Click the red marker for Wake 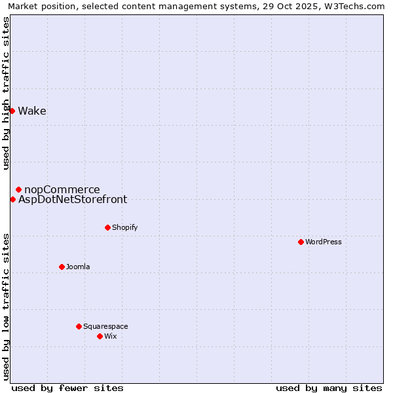click(x=12, y=111)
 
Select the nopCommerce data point click(x=18, y=189)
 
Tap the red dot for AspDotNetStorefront click(x=12, y=199)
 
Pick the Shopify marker click(x=107, y=227)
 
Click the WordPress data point click(x=301, y=242)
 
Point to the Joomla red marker click(x=62, y=267)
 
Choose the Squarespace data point click(x=79, y=326)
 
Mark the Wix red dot click(x=100, y=336)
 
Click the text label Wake click(x=32, y=111)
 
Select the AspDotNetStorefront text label click(x=73, y=200)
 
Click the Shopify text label click(x=124, y=227)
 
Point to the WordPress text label click(x=324, y=242)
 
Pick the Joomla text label click(x=78, y=267)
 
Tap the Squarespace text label click(x=105, y=326)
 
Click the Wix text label click(x=110, y=336)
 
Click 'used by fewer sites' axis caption click(x=67, y=388)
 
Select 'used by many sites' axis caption click(x=329, y=388)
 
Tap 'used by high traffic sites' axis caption click(x=6, y=93)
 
